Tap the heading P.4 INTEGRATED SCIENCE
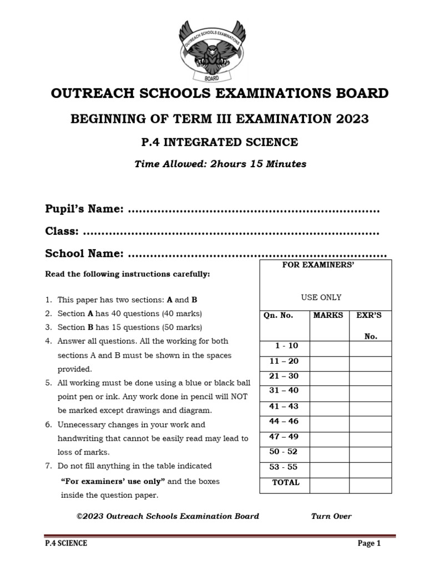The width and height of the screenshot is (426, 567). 220,142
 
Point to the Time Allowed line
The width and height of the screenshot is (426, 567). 220,164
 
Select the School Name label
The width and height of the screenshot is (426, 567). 84,254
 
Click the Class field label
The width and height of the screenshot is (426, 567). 62,231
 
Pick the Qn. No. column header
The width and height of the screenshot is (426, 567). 278,315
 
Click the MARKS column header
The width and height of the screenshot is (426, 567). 328,315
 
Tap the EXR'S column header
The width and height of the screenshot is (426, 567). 369,315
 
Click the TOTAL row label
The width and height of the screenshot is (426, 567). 286,482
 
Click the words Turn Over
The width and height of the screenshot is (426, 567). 331,516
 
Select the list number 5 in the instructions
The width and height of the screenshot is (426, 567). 48,383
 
